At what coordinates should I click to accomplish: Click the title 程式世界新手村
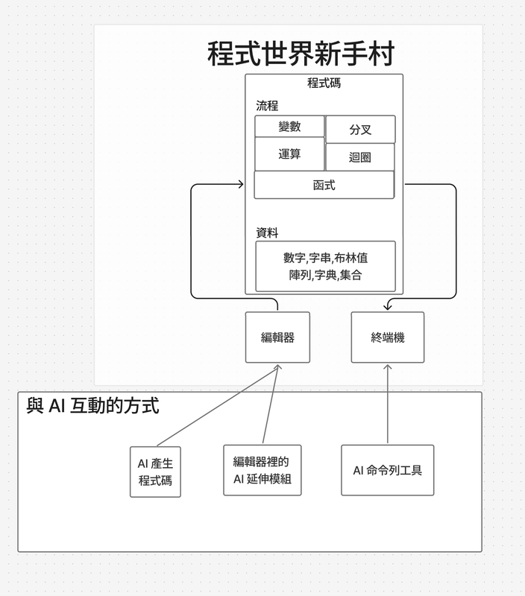click(x=300, y=54)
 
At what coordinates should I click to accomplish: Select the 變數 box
click(x=289, y=127)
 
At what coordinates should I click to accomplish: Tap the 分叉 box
click(x=360, y=130)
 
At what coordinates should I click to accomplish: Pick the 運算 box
click(x=289, y=154)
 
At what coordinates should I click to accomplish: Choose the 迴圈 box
click(x=360, y=157)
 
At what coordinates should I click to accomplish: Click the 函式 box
click(x=324, y=185)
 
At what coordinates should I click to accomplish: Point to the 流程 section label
click(x=267, y=106)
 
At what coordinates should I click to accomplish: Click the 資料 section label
click(x=267, y=232)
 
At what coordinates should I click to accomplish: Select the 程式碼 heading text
click(x=324, y=83)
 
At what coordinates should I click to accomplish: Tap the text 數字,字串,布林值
click(x=325, y=258)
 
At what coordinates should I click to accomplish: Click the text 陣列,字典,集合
click(x=325, y=276)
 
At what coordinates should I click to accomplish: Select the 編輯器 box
click(x=277, y=337)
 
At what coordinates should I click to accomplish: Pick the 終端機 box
click(x=388, y=337)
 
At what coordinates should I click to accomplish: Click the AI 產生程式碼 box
click(x=155, y=472)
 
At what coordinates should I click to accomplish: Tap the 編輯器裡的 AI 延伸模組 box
click(x=262, y=470)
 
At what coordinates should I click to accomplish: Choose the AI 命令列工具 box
click(x=388, y=470)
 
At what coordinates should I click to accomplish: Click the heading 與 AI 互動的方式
click(x=92, y=406)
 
